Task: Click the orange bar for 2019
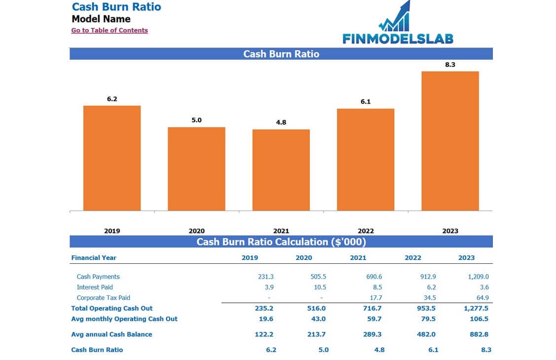pos(112,158)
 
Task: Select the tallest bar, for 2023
pos(450,141)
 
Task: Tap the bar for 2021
pos(281,170)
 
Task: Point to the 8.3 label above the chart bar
pos(450,65)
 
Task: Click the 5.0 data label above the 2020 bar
pos(196,120)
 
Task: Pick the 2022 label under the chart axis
pos(366,231)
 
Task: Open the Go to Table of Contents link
pos(110,30)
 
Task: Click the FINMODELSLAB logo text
pos(398,38)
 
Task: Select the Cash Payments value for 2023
pos(478,277)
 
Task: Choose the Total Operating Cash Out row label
pos(112,308)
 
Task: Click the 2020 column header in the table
pos(304,257)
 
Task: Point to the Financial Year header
pos(94,257)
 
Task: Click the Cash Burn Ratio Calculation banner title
pos(281,242)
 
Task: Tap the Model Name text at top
pos(101,19)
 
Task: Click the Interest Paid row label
pos(95,287)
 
